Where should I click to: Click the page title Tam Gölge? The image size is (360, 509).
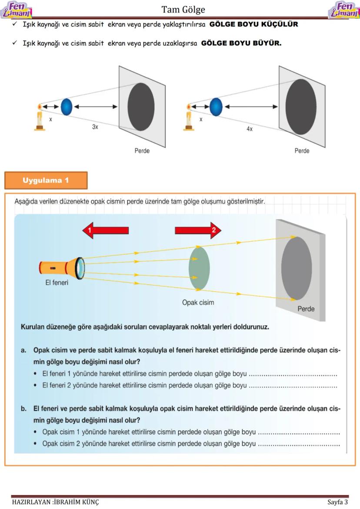(x=183, y=9)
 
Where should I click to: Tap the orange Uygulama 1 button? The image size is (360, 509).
(x=46, y=180)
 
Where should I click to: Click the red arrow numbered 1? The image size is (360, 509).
(x=105, y=230)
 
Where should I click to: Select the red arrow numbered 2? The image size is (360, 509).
(x=198, y=230)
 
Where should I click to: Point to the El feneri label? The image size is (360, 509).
(x=57, y=283)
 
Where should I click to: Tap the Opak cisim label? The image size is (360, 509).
(x=198, y=302)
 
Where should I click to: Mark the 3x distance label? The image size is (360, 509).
(x=95, y=127)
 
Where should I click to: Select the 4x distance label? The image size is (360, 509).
(x=249, y=129)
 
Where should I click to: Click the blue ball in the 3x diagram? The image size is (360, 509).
(x=66, y=106)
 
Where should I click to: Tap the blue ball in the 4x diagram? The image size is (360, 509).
(x=216, y=106)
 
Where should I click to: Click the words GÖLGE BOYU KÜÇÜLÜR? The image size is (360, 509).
(x=253, y=24)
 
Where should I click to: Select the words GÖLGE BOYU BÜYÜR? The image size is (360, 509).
(x=241, y=43)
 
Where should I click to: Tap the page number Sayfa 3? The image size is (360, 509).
(x=337, y=502)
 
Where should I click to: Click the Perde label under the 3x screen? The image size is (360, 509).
(x=142, y=151)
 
